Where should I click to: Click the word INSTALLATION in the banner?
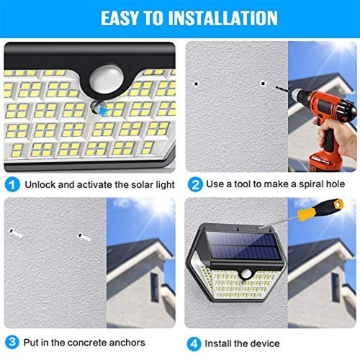(222, 18)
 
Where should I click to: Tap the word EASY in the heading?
(120, 18)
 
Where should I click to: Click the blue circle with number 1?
(12, 184)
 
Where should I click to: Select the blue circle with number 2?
(195, 184)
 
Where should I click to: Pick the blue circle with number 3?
(12, 342)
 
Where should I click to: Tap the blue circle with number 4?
(194, 343)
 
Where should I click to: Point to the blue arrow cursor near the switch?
(104, 111)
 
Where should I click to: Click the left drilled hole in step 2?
(197, 84)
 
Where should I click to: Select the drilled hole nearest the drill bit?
(264, 84)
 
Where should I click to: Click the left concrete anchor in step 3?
(17, 233)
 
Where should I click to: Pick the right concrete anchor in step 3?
(85, 237)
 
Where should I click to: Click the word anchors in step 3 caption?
(127, 343)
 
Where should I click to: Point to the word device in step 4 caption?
(265, 343)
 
